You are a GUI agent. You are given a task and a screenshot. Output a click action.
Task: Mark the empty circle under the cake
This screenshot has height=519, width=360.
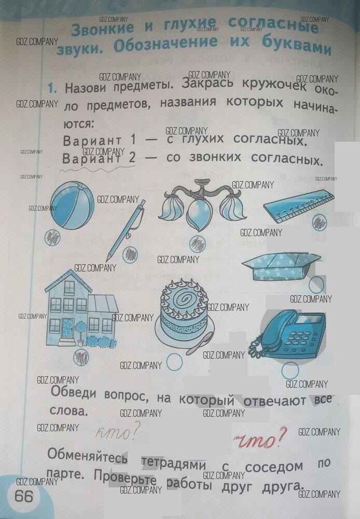(x=174, y=362)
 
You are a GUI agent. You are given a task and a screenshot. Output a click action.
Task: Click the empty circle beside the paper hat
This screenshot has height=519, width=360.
(x=316, y=283)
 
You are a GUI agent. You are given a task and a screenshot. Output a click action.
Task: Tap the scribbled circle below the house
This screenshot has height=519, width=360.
(x=79, y=357)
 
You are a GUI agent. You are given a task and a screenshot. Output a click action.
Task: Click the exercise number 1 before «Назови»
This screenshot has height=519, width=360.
(x=52, y=88)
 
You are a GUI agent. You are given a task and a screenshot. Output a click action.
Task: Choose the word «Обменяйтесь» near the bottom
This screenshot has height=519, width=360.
(x=87, y=456)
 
